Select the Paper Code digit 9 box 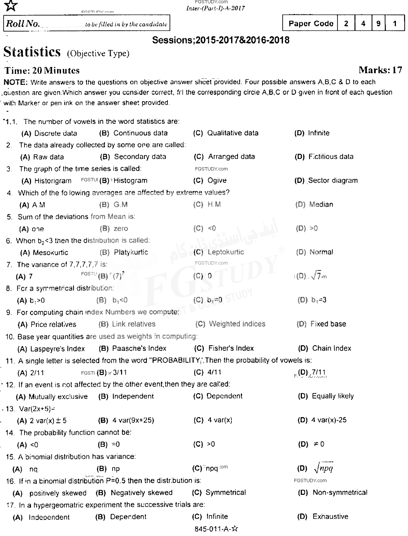click(378, 24)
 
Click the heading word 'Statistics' click(32, 52)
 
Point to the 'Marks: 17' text click(380, 70)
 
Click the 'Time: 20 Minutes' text click(42, 71)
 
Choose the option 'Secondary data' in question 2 click(140, 157)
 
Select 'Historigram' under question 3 click(53, 181)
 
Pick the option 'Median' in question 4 click(321, 205)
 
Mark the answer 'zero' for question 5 click(120, 229)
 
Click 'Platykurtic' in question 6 click(131, 252)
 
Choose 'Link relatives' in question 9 click(133, 324)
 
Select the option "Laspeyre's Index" click(57, 349)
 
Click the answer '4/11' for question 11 click(214, 372)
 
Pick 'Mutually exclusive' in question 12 click(58, 397)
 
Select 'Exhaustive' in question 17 click(330, 517)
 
